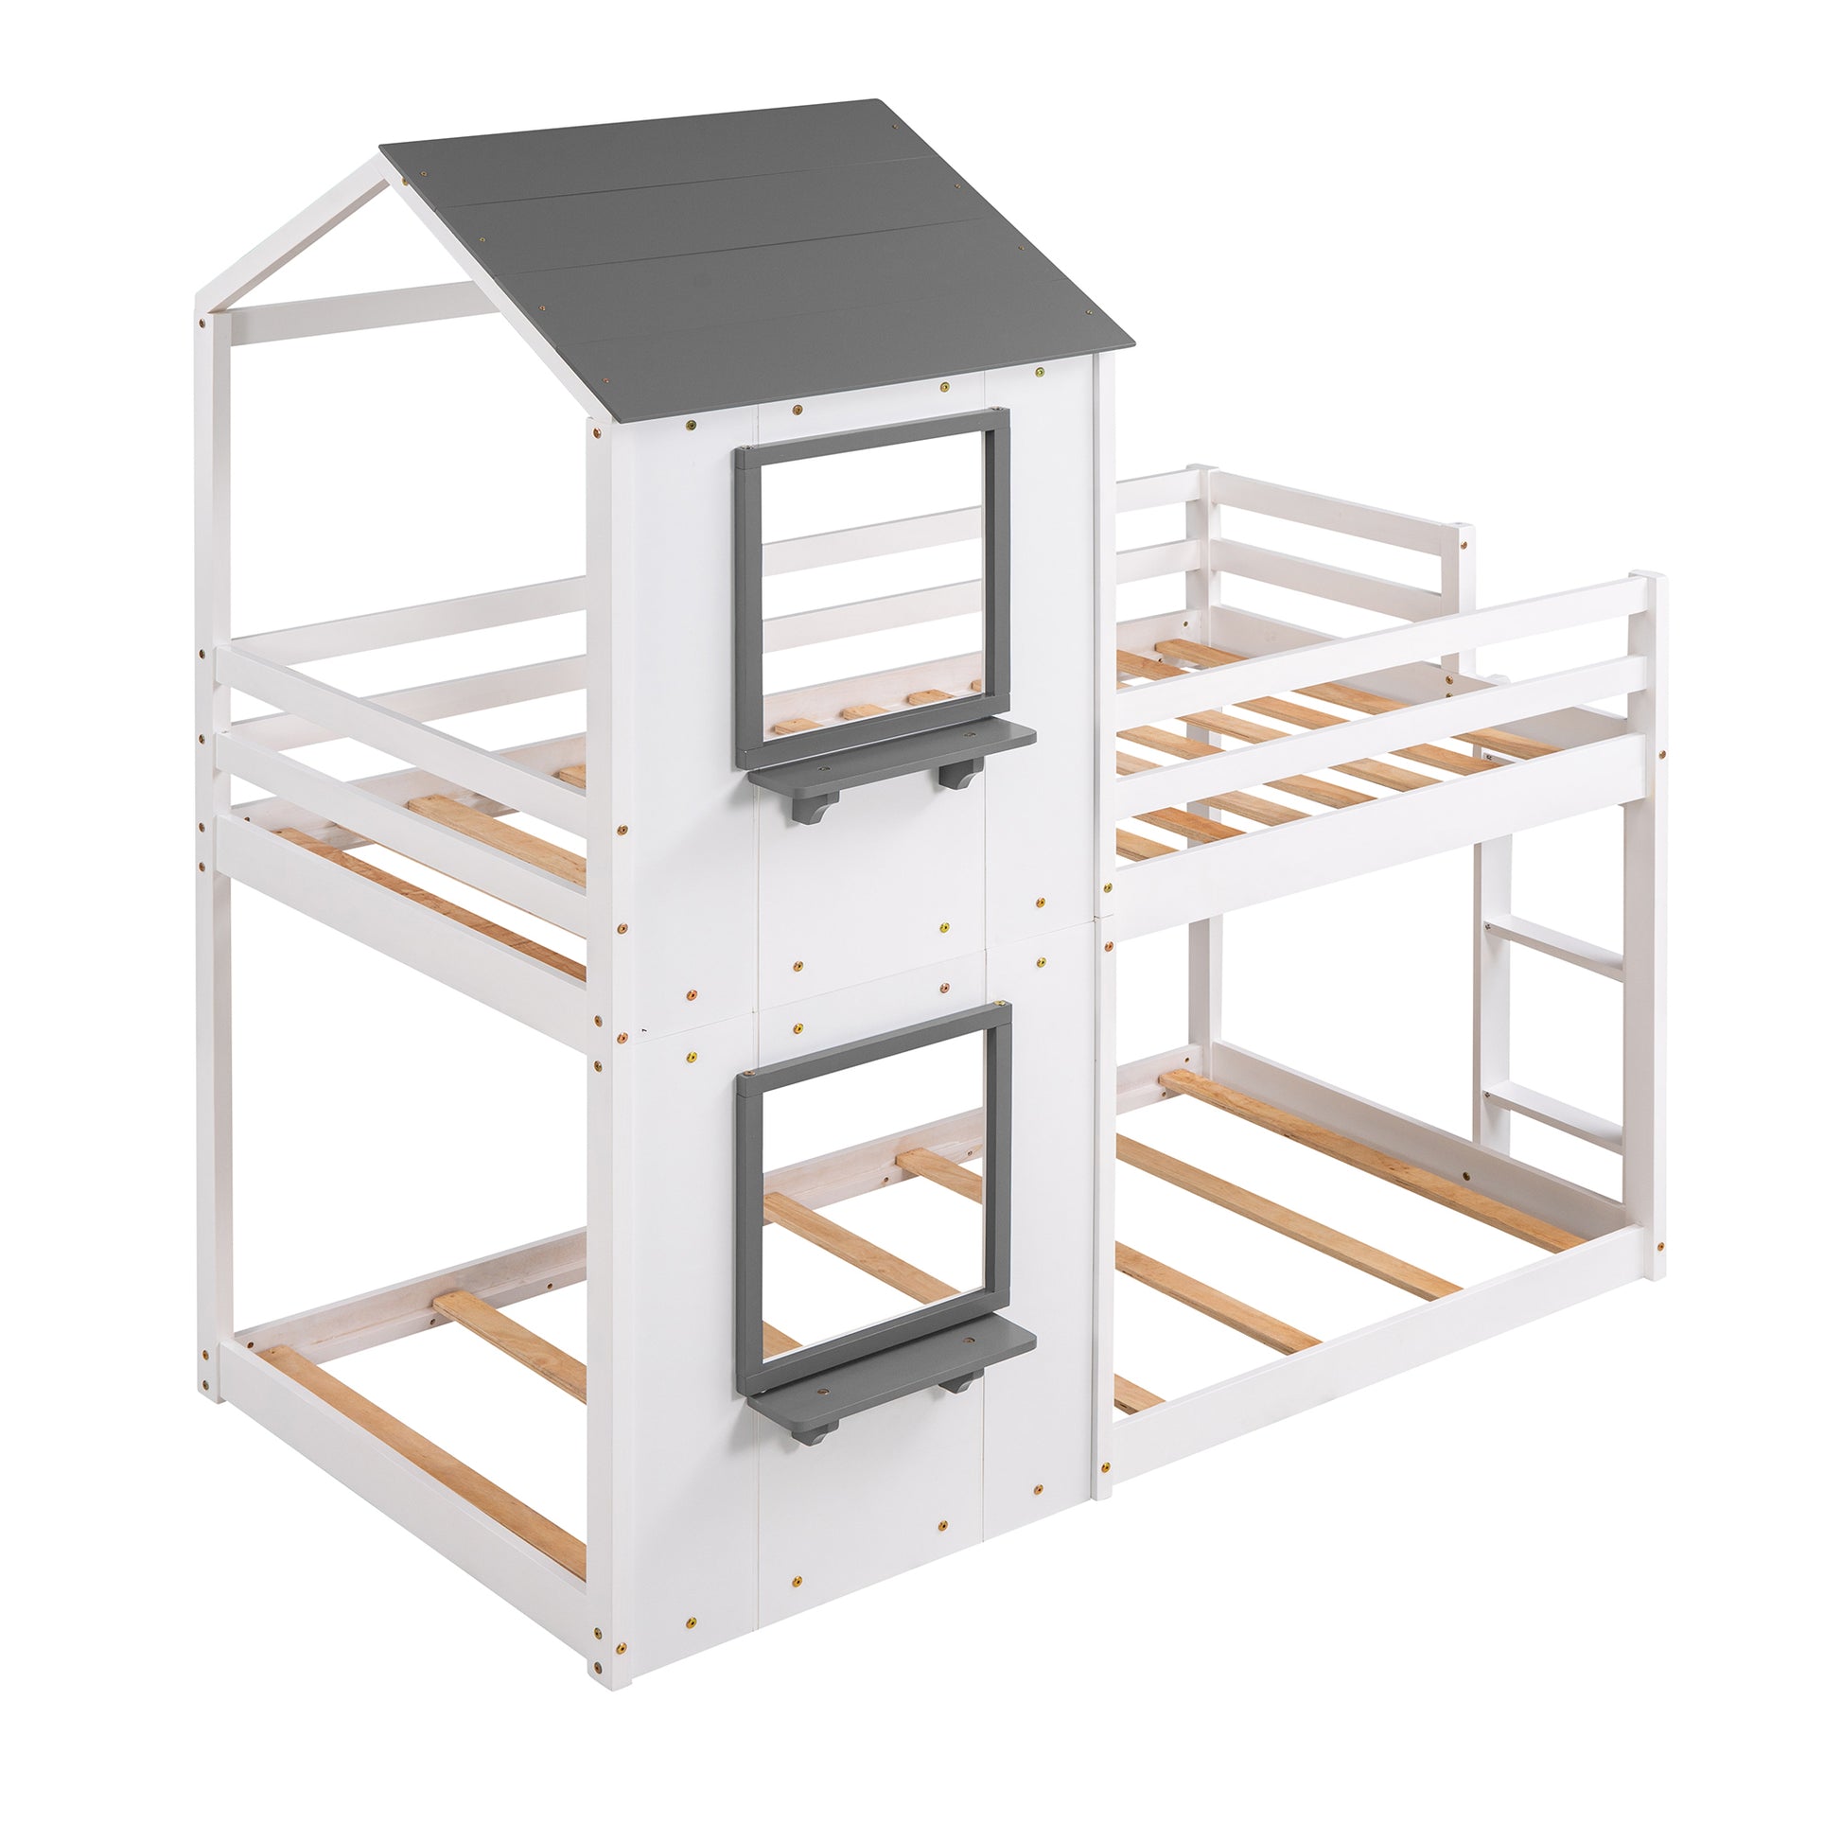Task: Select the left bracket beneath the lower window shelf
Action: click(x=808, y=1429)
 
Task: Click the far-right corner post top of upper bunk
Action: click(x=1646, y=582)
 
